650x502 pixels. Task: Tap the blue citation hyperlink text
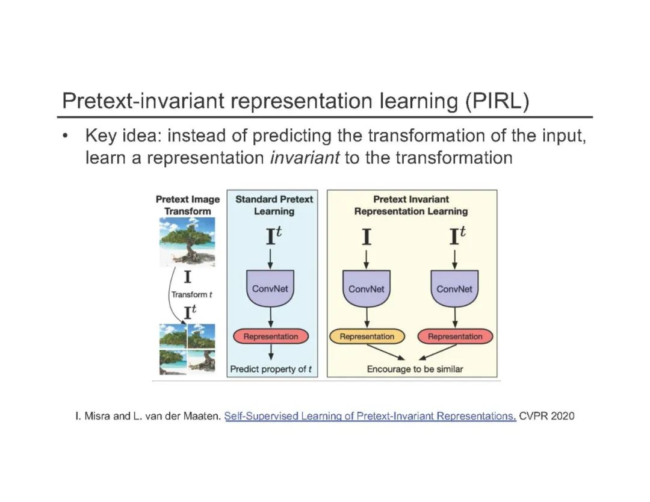pos(370,416)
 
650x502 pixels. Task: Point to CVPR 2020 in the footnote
pos(547,416)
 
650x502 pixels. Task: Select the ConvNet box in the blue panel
pos(270,288)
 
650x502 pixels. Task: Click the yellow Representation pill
pos(367,336)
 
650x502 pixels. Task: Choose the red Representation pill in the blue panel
pos(270,336)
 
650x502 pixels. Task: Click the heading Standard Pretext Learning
pos(274,205)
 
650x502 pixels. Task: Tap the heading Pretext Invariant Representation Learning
pos(411,205)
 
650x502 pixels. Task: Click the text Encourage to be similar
pos(415,369)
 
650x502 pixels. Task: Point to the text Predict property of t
pos(271,369)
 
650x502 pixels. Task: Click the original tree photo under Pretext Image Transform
pos(187,241)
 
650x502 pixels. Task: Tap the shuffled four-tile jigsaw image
pos(187,349)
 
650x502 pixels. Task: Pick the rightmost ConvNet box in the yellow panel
pos(454,288)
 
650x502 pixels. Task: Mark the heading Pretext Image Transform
pos(188,205)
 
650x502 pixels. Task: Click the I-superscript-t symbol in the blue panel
pos(272,237)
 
